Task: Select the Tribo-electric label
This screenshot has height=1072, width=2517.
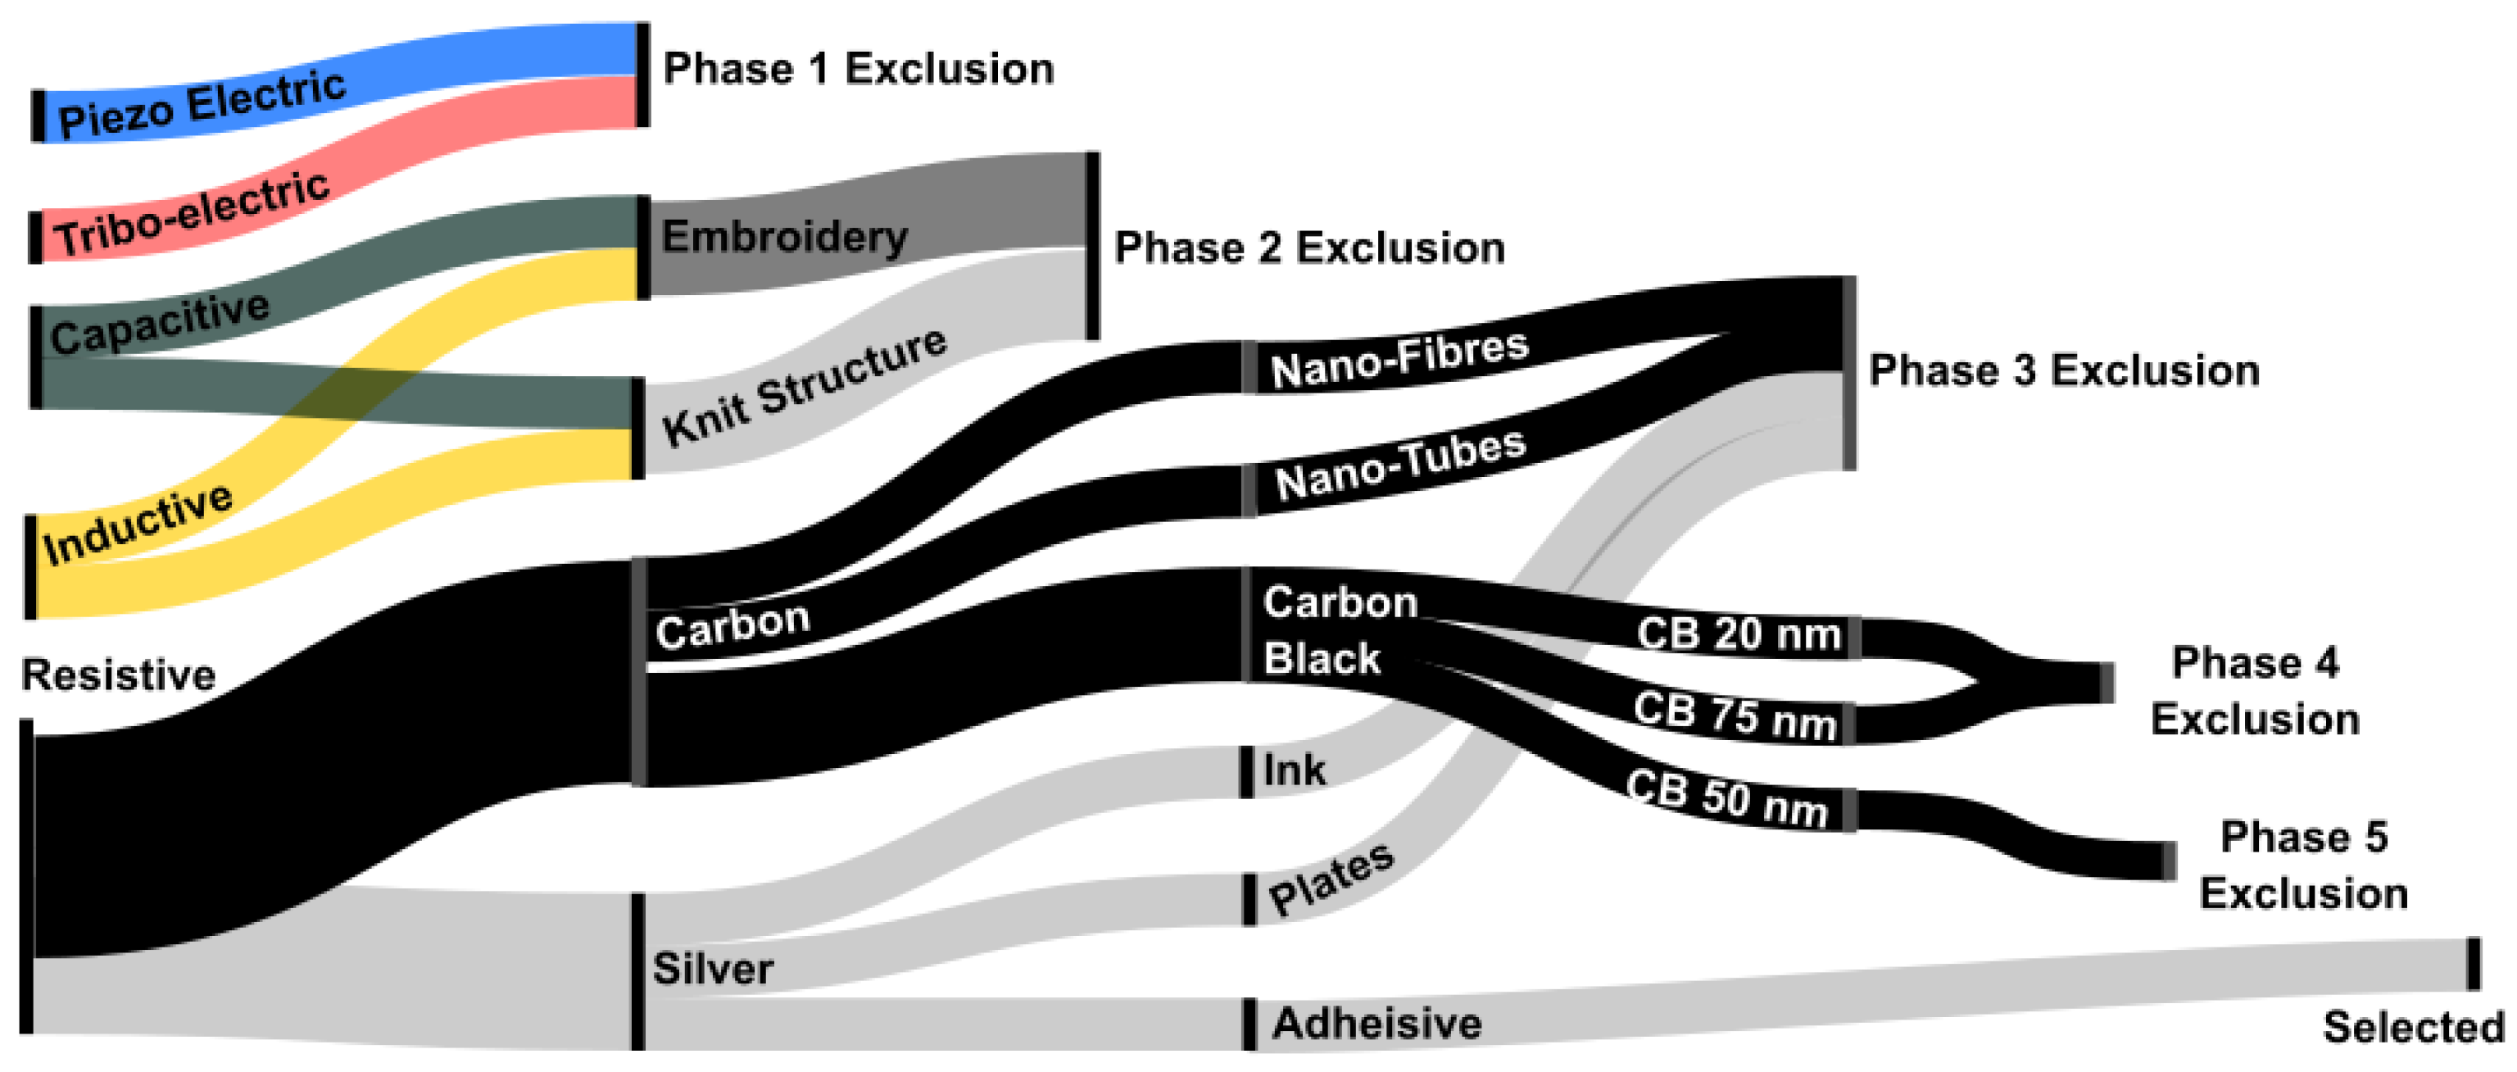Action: pos(192,214)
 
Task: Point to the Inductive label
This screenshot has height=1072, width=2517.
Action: pos(138,524)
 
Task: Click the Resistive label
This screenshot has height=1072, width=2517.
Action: pos(118,675)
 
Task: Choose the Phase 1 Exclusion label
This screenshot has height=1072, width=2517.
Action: pos(858,68)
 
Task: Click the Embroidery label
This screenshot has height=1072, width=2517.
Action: pos(785,237)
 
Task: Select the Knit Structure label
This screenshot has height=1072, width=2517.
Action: pos(803,386)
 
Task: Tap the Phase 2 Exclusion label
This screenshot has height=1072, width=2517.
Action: pos(1309,248)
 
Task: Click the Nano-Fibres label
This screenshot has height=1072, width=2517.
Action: pos(1399,359)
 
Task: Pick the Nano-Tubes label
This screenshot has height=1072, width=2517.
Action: pos(1400,466)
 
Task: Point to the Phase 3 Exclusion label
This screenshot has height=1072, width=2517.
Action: pos(2064,370)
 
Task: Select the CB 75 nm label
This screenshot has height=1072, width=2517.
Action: pos(1735,715)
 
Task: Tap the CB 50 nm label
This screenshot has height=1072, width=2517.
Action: pos(1726,798)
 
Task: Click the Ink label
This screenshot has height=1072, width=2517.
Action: pos(1294,770)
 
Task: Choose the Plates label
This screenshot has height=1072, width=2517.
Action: pos(1331,879)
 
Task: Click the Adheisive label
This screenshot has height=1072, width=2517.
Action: pos(1376,1023)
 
